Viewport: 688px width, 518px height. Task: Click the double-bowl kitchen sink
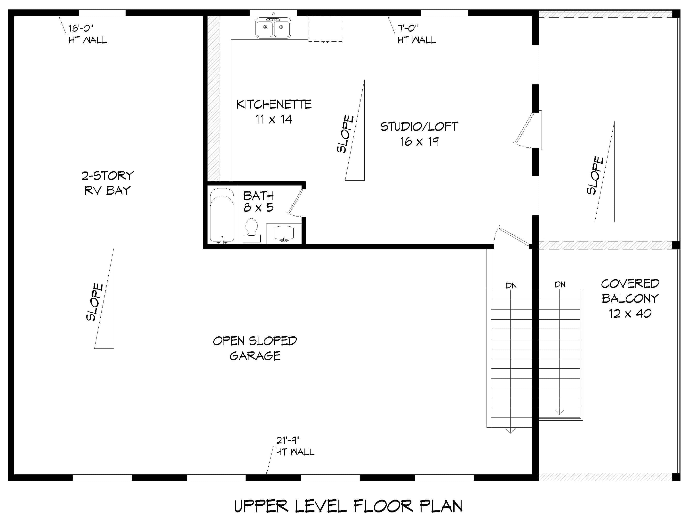tap(273, 28)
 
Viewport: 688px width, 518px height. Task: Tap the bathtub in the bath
tap(222, 215)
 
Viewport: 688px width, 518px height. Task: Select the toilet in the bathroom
tap(251, 230)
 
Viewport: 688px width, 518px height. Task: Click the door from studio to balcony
tap(526, 131)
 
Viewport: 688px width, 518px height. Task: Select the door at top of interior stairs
tap(513, 236)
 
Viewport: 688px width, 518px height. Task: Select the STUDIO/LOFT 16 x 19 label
tap(419, 134)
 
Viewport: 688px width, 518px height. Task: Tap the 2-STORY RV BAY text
tap(107, 183)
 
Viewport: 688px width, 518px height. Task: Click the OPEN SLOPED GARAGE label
tap(255, 348)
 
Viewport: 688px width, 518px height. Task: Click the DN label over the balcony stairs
tap(560, 284)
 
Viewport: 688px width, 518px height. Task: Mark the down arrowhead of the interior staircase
tap(510, 431)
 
